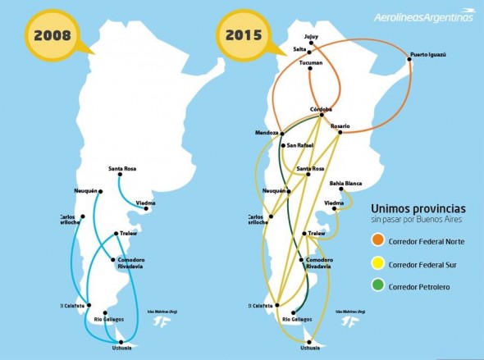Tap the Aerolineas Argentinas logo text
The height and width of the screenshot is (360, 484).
click(x=424, y=16)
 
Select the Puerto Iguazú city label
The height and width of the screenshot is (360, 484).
click(x=427, y=54)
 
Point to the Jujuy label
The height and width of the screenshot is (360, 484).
click(x=310, y=36)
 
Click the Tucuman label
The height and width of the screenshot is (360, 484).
click(x=311, y=62)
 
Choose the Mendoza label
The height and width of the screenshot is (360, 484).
click(x=267, y=132)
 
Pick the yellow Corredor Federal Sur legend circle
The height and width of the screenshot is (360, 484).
click(x=377, y=264)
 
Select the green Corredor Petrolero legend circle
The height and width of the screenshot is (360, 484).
click(x=377, y=286)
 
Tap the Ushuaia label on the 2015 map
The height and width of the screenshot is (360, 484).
click(x=309, y=348)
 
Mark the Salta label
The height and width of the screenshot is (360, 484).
click(x=300, y=49)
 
